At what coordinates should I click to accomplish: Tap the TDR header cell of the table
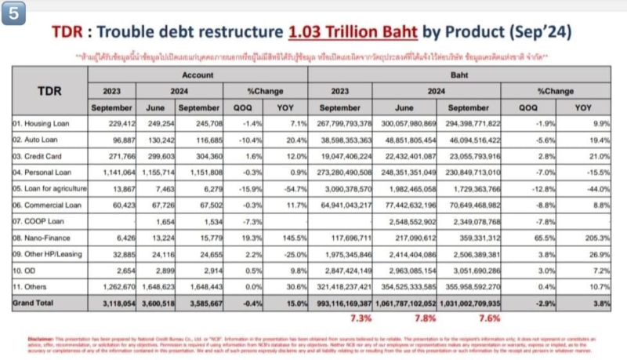click(x=48, y=91)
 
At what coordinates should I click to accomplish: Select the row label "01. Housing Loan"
click(x=40, y=123)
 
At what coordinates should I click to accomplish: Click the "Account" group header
click(x=197, y=75)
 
